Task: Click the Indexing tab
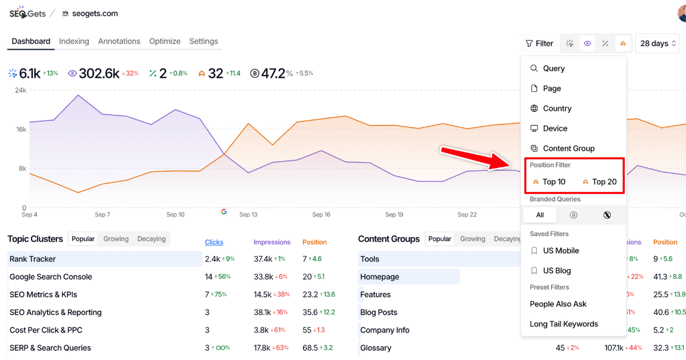(x=74, y=41)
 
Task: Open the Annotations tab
(x=119, y=41)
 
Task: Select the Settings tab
(x=204, y=41)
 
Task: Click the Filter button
(x=540, y=43)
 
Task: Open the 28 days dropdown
(x=658, y=43)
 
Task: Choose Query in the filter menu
(x=553, y=69)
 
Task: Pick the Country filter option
(x=557, y=109)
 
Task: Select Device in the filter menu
(x=555, y=129)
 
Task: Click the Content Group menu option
(x=568, y=149)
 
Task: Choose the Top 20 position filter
(x=599, y=182)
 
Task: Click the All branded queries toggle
(x=540, y=215)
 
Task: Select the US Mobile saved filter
(x=560, y=251)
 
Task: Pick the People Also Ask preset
(x=558, y=304)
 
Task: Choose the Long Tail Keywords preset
(x=564, y=324)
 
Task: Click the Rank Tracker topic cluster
(x=33, y=259)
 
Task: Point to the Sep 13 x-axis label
(x=248, y=215)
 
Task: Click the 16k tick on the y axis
(x=21, y=129)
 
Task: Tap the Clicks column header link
(x=214, y=242)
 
